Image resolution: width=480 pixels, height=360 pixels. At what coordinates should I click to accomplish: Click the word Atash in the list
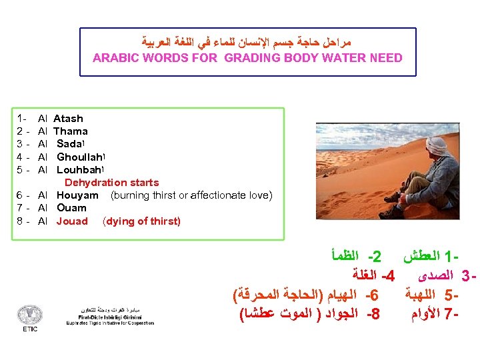[68, 119]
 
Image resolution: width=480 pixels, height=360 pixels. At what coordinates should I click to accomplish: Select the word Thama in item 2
[70, 131]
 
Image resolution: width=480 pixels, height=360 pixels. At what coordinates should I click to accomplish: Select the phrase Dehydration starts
[111, 182]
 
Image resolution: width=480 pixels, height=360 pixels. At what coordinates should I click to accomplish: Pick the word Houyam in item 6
[77, 195]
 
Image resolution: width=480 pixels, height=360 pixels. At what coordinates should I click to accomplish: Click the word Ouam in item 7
[71, 208]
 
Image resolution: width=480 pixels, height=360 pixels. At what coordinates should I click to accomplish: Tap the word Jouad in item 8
[72, 221]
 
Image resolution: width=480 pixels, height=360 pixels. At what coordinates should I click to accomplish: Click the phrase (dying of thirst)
[141, 221]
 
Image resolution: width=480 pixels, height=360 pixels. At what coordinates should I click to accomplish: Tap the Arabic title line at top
[247, 42]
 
